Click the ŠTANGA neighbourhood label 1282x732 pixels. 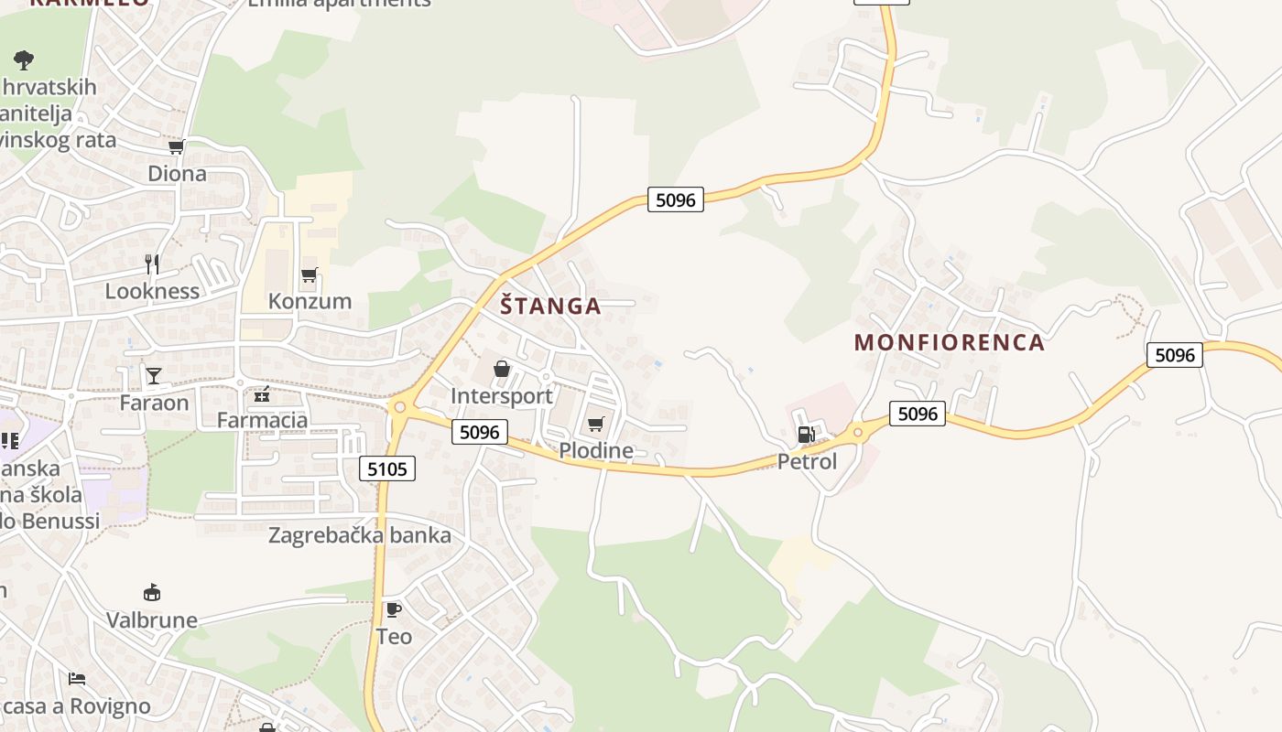(550, 306)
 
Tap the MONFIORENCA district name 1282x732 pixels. (949, 342)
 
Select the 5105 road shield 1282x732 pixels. (387, 469)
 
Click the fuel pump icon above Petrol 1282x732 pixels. (806, 435)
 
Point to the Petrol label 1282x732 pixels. (807, 461)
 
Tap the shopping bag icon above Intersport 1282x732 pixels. (502, 369)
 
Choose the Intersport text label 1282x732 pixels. (502, 396)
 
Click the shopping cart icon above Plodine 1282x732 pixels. (596, 424)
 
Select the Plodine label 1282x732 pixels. (596, 450)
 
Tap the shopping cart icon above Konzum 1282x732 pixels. (310, 274)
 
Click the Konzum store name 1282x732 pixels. (310, 301)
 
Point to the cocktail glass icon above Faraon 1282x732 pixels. (154, 376)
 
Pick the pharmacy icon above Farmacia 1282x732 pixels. (262, 394)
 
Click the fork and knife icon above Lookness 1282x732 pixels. (152, 264)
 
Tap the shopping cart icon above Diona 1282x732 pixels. (177, 146)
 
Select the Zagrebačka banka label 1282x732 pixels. (360, 535)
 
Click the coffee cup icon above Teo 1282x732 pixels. (394, 609)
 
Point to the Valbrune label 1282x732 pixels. (152, 619)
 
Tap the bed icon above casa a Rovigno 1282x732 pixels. (77, 679)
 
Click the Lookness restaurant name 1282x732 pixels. (152, 291)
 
